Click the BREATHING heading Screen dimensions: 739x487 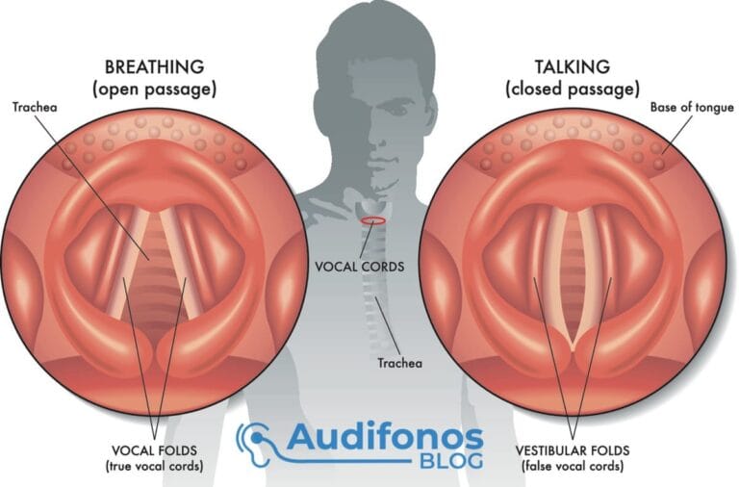pyautogui.click(x=154, y=67)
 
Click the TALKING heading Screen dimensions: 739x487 pyautogui.click(x=573, y=67)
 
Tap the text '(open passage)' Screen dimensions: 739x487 pyautogui.click(x=155, y=90)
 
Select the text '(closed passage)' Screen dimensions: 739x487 pyautogui.click(x=573, y=90)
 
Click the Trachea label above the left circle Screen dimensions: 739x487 pyautogui.click(x=35, y=108)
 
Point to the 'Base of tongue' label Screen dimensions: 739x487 pyautogui.click(x=692, y=108)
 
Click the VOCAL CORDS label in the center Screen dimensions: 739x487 pyautogui.click(x=360, y=267)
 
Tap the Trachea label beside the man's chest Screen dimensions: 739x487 pyautogui.click(x=399, y=363)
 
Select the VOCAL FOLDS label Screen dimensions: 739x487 pyautogui.click(x=155, y=450)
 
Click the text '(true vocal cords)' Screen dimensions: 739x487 pyautogui.click(x=155, y=466)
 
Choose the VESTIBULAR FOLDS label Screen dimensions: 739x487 pyautogui.click(x=573, y=450)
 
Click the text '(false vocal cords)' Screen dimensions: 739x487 pyautogui.click(x=573, y=466)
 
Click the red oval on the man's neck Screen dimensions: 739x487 pyautogui.click(x=373, y=220)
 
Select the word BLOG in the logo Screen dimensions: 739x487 pyautogui.click(x=451, y=461)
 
